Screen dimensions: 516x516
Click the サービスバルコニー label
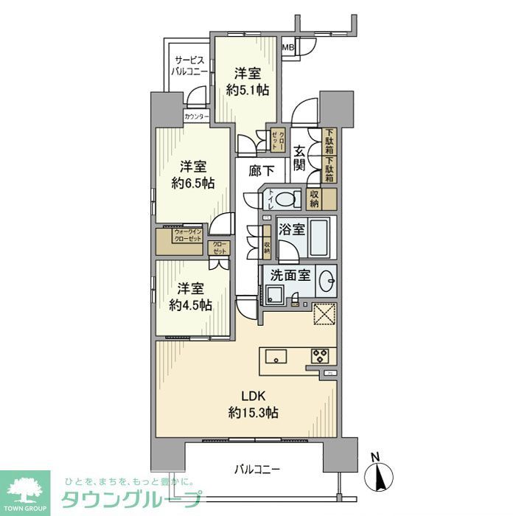[x=189, y=66]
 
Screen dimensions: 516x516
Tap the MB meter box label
[x=289, y=49]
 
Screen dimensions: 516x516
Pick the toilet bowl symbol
[x=287, y=198]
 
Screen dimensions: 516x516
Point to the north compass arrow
[x=380, y=475]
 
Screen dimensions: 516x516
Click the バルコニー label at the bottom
[x=257, y=469]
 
